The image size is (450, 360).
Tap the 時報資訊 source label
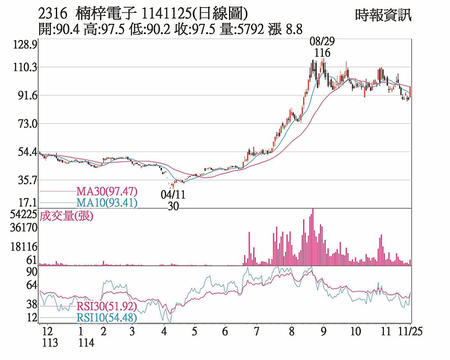click(x=383, y=15)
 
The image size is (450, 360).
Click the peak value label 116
click(x=322, y=53)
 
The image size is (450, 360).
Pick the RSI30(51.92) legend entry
click(x=107, y=307)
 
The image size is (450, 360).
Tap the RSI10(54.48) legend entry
click(x=107, y=318)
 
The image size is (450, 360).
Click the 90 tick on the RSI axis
click(x=31, y=272)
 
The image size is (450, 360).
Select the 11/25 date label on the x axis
click(x=412, y=332)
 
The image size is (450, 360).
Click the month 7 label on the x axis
click(x=256, y=332)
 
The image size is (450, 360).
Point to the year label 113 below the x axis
click(x=50, y=343)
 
